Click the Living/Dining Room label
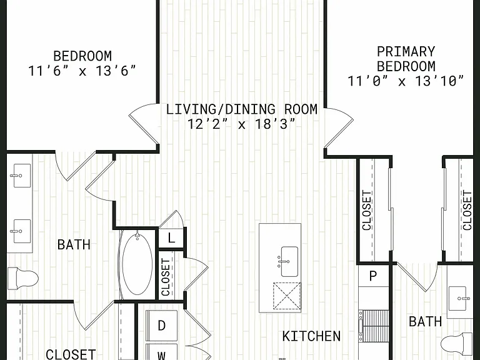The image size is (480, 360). pyautogui.click(x=241, y=109)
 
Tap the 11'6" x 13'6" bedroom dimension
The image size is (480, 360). pyautogui.click(x=82, y=71)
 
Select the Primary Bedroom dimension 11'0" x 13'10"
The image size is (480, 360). pyautogui.click(x=406, y=81)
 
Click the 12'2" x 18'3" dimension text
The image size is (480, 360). pyautogui.click(x=241, y=124)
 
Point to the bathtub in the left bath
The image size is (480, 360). pyautogui.click(x=137, y=264)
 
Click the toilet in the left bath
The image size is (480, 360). pyautogui.click(x=22, y=278)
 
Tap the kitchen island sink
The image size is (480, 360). pyautogui.click(x=289, y=261)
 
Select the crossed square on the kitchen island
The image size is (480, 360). pyautogui.click(x=286, y=296)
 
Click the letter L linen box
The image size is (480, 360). pyautogui.click(x=171, y=238)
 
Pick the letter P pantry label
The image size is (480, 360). pyautogui.click(x=373, y=276)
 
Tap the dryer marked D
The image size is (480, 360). pyautogui.click(x=162, y=326)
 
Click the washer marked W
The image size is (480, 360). pyautogui.click(x=162, y=352)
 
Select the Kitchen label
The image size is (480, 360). pyautogui.click(x=311, y=336)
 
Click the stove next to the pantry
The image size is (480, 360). pyautogui.click(x=374, y=326)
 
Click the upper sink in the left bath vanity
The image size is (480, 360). pyautogui.click(x=21, y=176)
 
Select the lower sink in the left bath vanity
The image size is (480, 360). pyautogui.click(x=21, y=231)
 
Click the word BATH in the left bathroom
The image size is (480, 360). pyautogui.click(x=74, y=244)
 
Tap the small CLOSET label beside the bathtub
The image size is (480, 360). pyautogui.click(x=166, y=277)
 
